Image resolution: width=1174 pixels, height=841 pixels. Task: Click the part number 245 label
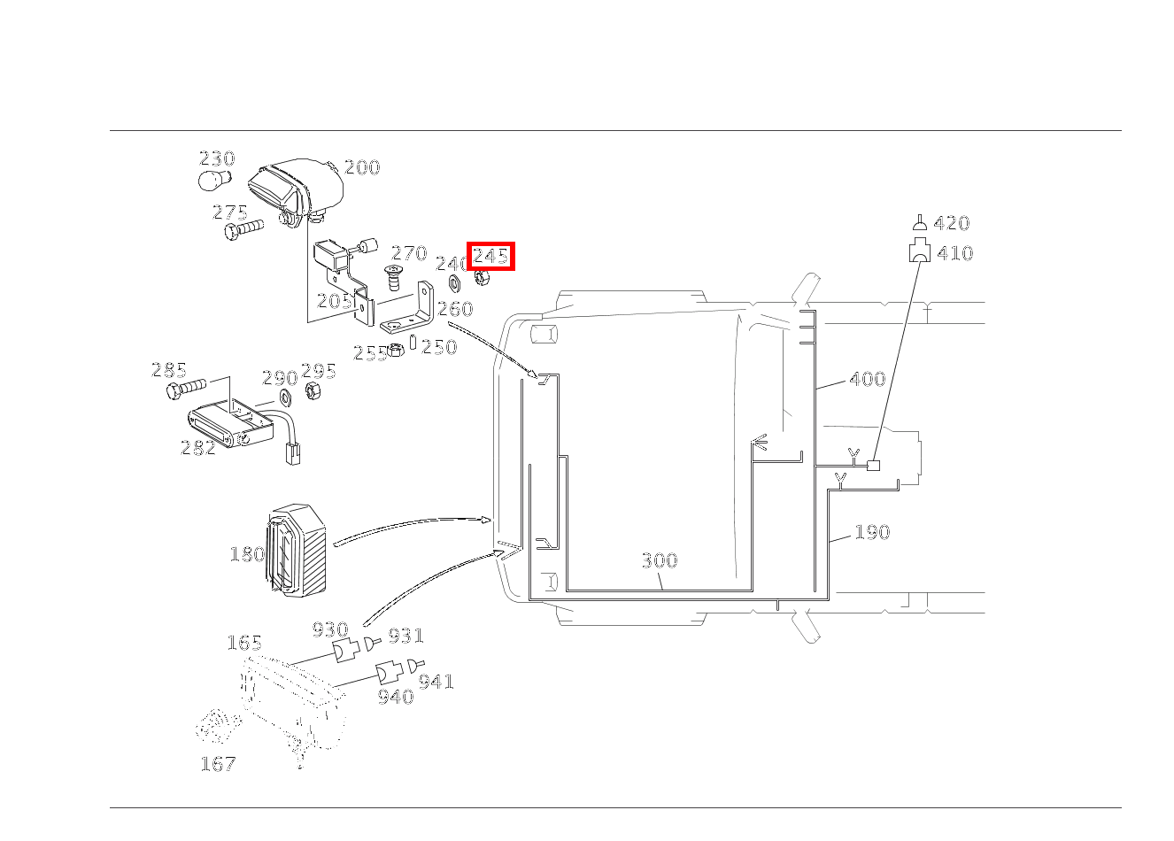click(490, 257)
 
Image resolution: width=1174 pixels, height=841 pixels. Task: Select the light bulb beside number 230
click(213, 181)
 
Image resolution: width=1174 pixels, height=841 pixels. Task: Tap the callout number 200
click(361, 167)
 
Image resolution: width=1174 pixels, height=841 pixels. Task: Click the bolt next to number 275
click(242, 229)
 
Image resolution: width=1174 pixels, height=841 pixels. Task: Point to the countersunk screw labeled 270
click(394, 279)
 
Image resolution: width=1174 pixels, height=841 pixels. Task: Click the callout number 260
click(455, 309)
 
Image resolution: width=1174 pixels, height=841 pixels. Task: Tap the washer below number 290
click(286, 397)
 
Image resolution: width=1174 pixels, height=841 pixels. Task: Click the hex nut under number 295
click(313, 390)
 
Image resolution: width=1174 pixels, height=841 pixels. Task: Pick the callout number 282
click(197, 448)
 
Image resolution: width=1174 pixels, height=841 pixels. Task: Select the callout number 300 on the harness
click(659, 560)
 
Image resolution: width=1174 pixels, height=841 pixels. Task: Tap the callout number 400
click(867, 379)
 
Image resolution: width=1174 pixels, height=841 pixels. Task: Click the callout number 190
click(871, 532)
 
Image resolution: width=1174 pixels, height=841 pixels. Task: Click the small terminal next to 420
click(921, 222)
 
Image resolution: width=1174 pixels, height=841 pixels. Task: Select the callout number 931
click(405, 636)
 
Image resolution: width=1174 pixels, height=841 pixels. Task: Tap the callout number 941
click(436, 682)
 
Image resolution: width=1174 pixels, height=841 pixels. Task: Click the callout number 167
click(218, 763)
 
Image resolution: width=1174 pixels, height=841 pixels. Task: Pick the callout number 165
click(243, 643)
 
